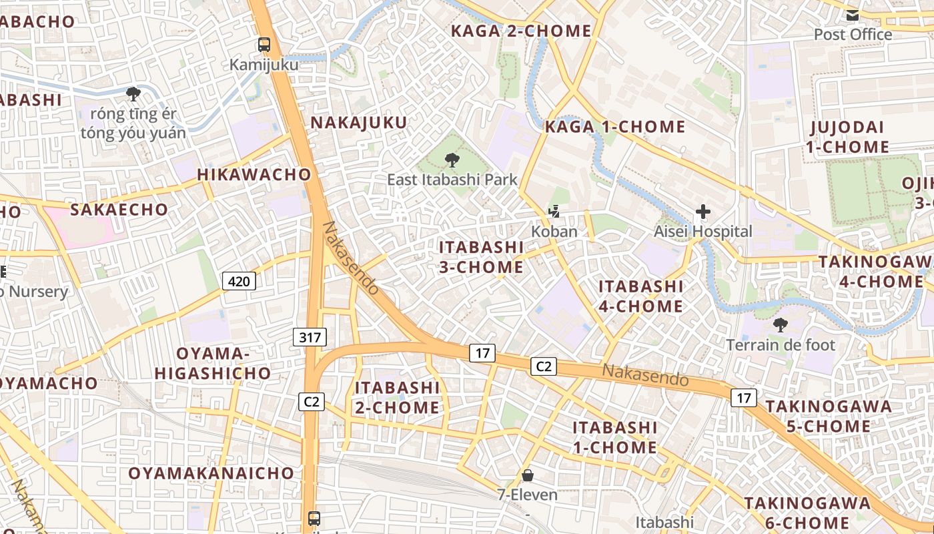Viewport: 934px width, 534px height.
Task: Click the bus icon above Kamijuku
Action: click(x=265, y=45)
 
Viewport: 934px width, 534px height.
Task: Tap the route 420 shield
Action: click(x=239, y=281)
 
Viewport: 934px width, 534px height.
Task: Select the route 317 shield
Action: click(x=310, y=337)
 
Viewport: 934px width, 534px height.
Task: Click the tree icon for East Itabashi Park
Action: click(x=452, y=160)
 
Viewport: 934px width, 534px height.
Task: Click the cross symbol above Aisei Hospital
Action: click(x=703, y=212)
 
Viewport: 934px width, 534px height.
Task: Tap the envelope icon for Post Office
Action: click(x=853, y=15)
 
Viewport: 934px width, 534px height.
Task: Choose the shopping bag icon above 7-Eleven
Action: click(x=528, y=475)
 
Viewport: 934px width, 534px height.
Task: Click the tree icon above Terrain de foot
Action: click(x=780, y=325)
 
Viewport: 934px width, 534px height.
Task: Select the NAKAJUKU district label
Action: click(x=359, y=123)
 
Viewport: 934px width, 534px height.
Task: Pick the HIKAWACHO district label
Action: click(x=254, y=175)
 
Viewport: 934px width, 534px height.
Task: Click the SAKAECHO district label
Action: click(x=119, y=210)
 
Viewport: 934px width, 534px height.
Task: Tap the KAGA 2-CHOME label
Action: click(x=521, y=31)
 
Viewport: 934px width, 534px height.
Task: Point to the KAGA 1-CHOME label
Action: click(x=615, y=127)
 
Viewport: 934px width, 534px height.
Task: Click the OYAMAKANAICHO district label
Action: click(x=211, y=473)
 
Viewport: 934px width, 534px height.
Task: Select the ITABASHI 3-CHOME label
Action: click(x=481, y=257)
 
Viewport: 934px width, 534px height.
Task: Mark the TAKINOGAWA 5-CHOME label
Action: click(x=828, y=416)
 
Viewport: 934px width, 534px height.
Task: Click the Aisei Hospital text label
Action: click(x=703, y=232)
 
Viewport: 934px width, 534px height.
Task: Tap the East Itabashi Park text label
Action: click(x=452, y=180)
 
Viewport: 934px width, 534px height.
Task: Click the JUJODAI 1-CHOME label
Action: click(x=847, y=137)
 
